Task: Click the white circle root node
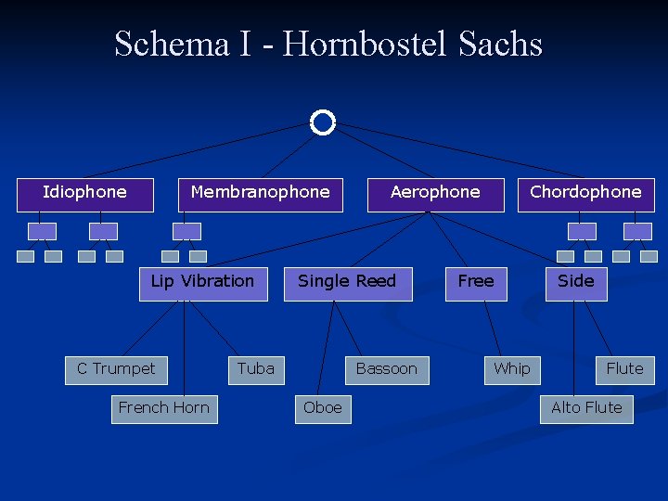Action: pos(322,122)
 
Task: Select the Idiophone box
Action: pos(84,193)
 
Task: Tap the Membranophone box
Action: pos(260,193)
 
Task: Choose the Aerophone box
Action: pos(435,193)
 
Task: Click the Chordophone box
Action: pos(585,193)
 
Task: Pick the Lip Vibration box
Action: pos(202,282)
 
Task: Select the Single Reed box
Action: pos(347,282)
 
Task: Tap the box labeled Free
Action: pos(476,282)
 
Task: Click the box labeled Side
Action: pos(575,282)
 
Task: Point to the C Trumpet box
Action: pos(116,369)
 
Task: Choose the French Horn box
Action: pos(164,408)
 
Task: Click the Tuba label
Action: pos(255,369)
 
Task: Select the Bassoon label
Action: pos(387,369)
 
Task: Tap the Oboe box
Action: pos(323,408)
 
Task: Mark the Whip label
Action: pos(512,369)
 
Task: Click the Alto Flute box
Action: pos(586,408)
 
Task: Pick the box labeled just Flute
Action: pos(624,369)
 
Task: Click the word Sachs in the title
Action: pos(500,45)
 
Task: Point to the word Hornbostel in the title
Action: pos(366,45)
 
